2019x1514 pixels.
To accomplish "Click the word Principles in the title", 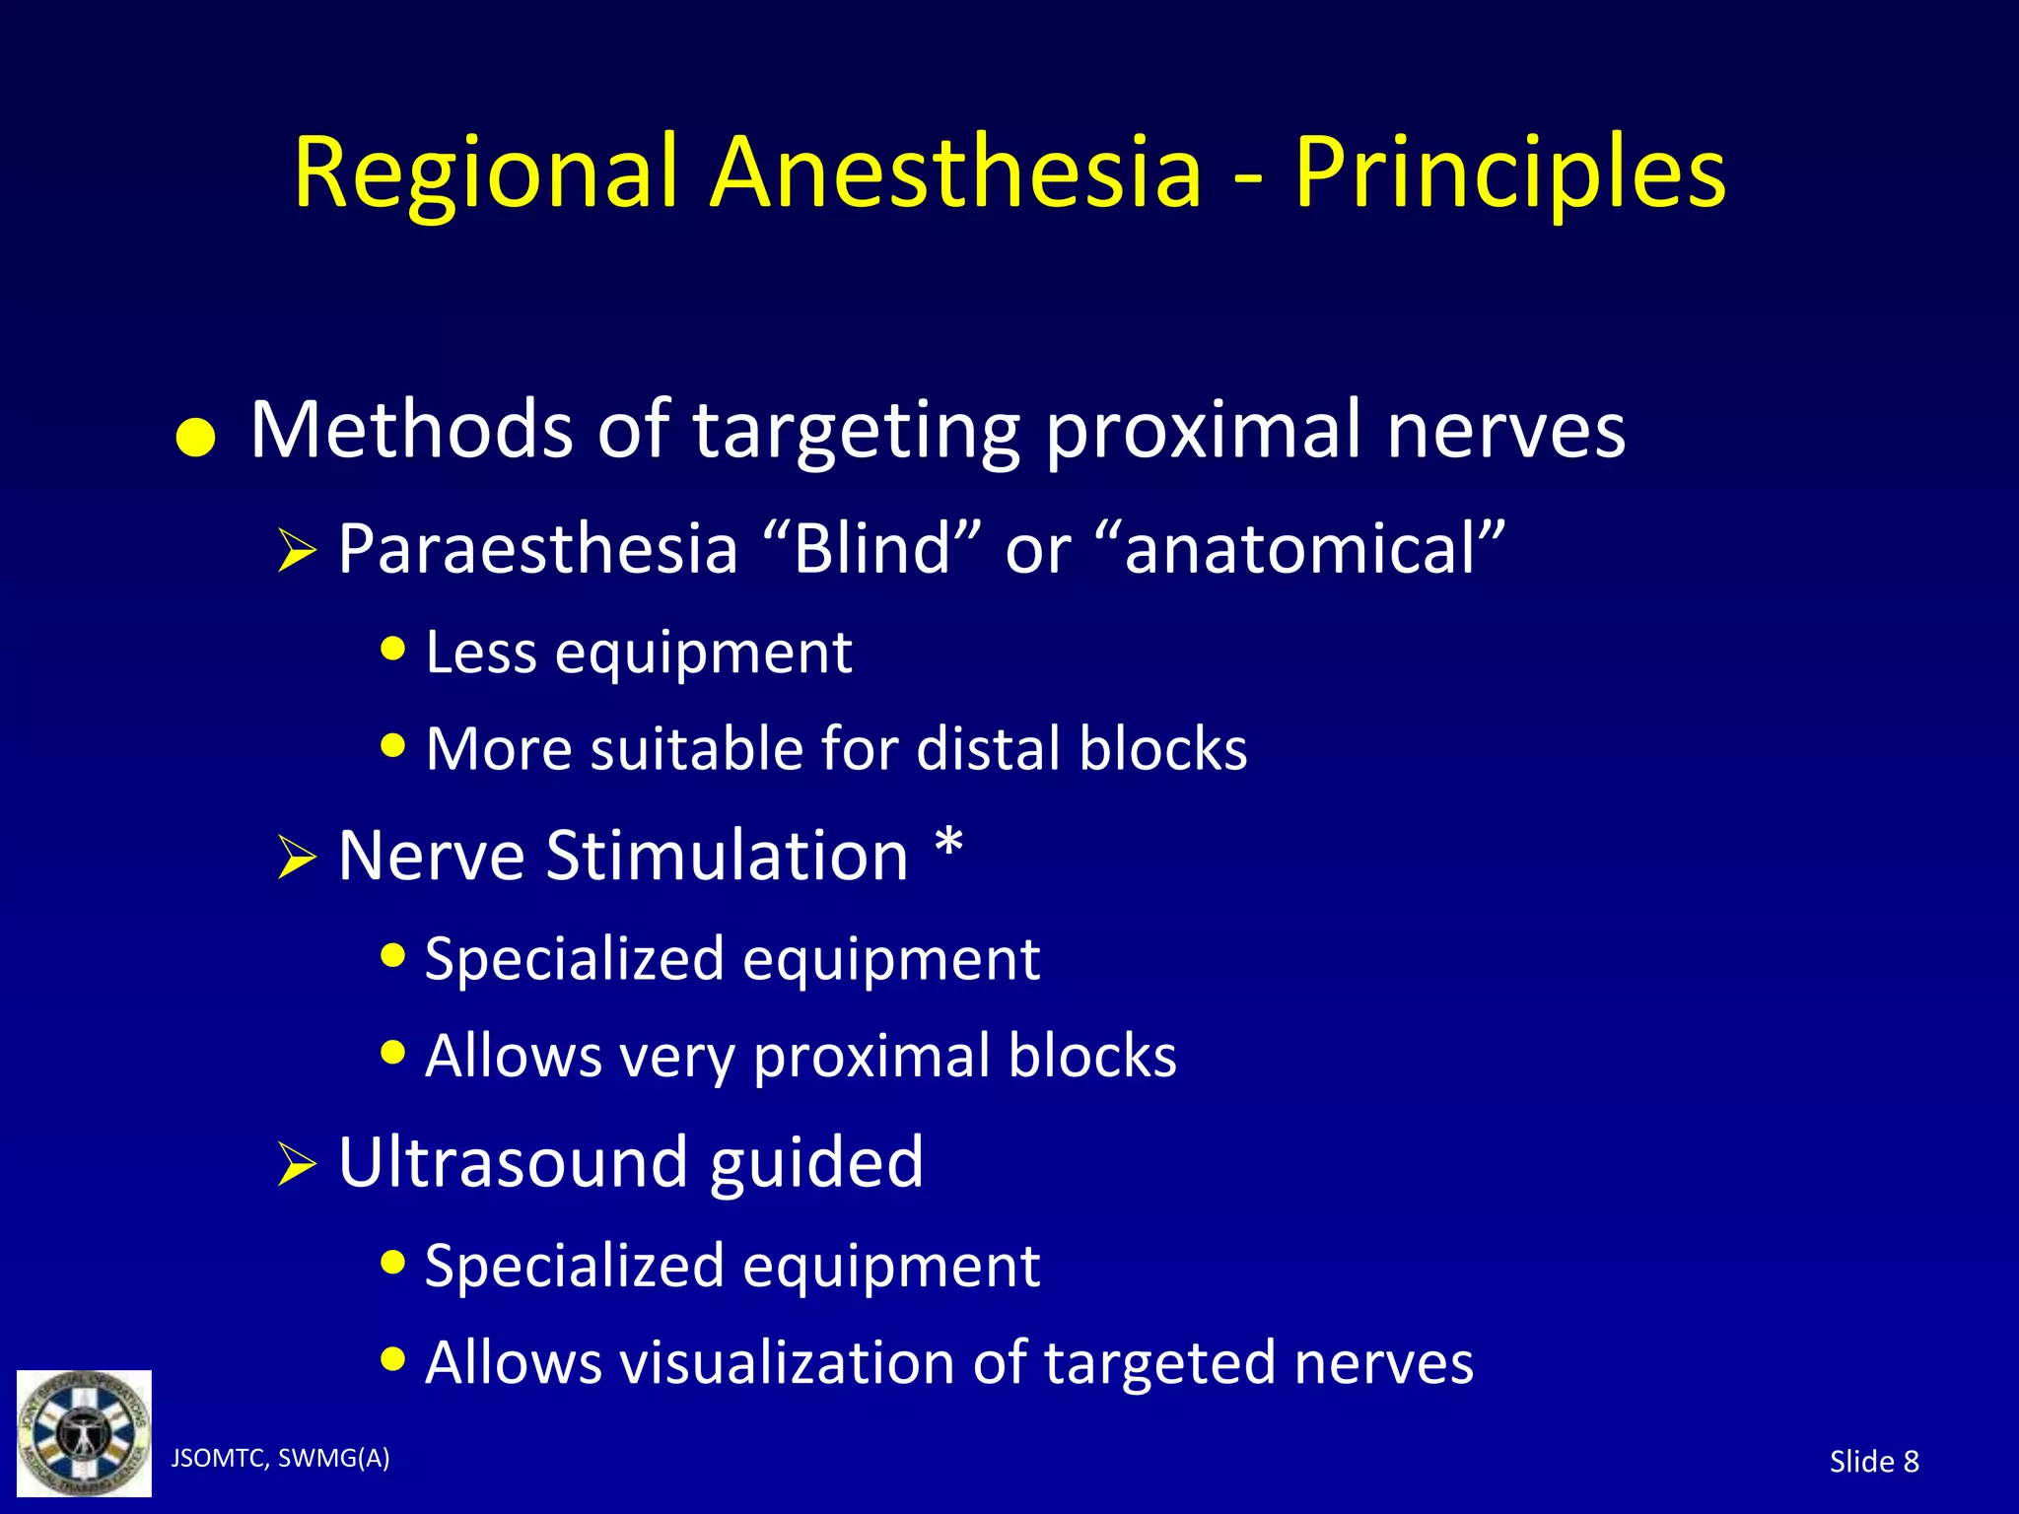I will point(1509,175).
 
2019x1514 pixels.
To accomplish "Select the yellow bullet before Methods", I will point(195,438).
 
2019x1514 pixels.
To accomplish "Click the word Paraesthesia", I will point(537,549).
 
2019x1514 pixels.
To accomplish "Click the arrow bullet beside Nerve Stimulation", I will point(296,857).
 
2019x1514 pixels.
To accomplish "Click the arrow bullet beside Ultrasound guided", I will point(296,1164).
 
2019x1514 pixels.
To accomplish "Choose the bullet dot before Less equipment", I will point(393,650).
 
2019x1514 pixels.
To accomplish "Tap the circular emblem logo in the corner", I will point(84,1432).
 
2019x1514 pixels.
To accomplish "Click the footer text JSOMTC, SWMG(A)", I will point(280,1458).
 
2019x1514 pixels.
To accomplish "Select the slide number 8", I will point(1911,1462).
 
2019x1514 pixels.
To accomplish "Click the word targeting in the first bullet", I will point(856,432).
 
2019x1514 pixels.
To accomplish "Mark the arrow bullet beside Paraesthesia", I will point(296,550).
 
